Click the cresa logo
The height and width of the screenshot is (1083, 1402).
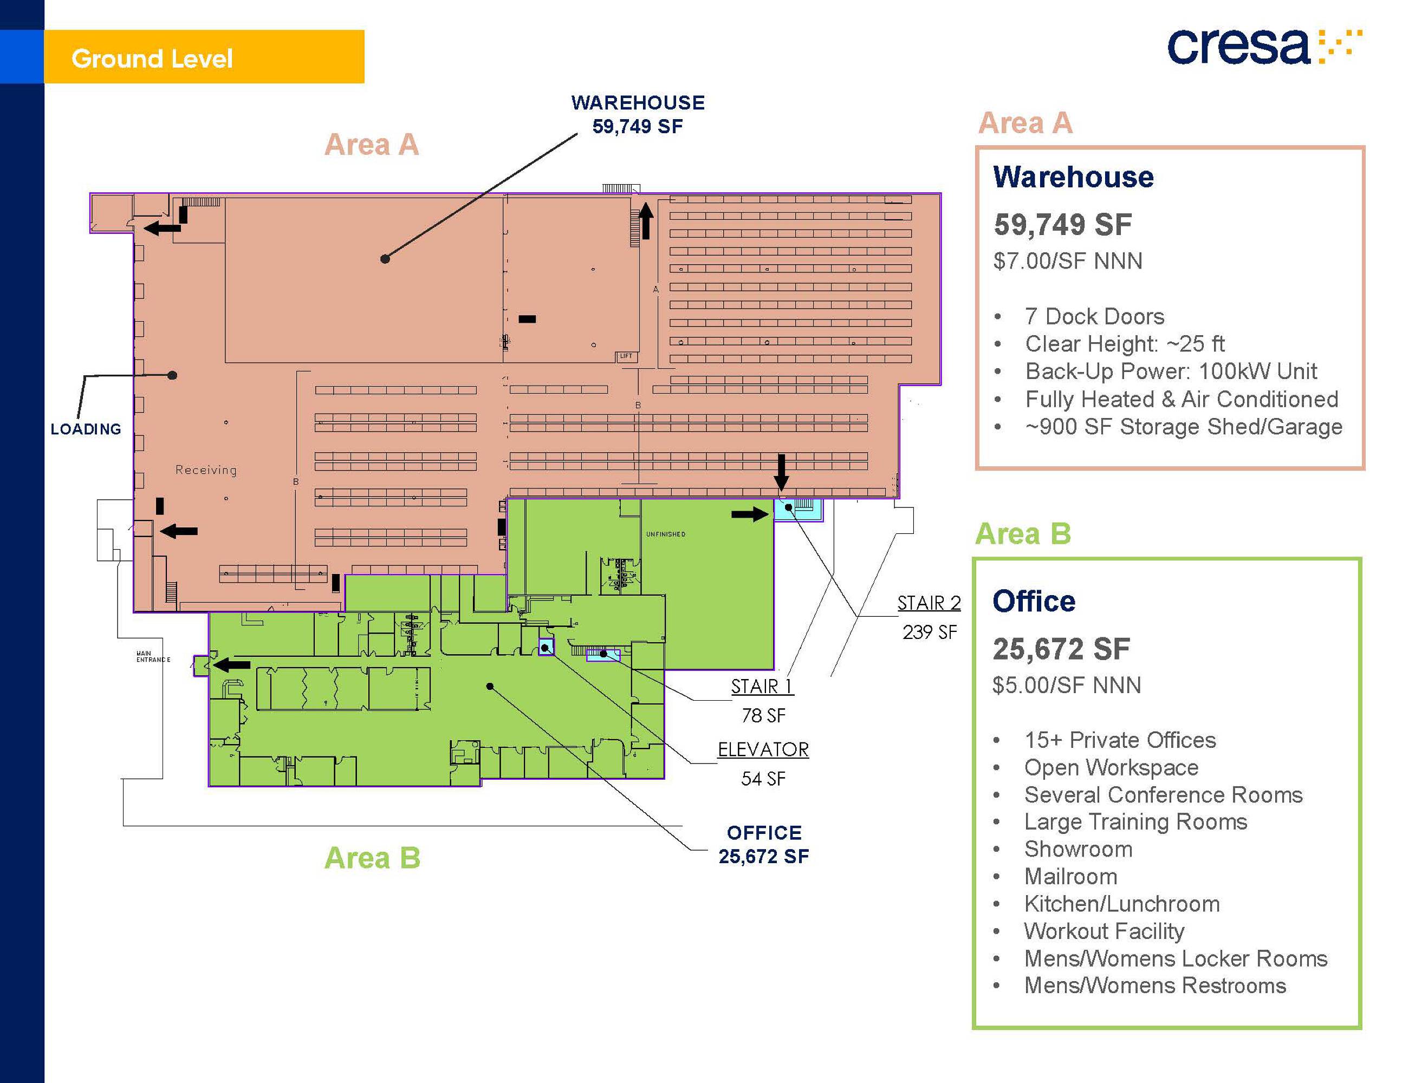pos(1263,47)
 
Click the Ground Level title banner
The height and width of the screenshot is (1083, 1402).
pos(204,57)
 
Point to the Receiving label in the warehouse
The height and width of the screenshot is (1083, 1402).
pos(206,469)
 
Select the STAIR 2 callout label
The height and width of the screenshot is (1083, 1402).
pos(929,603)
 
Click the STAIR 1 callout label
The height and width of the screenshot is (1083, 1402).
pos(763,687)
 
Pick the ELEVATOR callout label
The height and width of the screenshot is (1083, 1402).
pos(763,749)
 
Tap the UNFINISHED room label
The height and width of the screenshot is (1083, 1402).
pos(666,534)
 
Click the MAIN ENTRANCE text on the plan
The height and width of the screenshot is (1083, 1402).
pos(153,656)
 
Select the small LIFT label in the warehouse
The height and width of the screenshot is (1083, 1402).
pos(626,356)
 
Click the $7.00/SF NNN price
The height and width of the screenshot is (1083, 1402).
pos(1068,261)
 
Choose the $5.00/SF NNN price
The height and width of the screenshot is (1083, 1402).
pos(1067,685)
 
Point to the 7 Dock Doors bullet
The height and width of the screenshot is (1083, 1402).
pos(1094,316)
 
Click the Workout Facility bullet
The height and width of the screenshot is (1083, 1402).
pos(1104,931)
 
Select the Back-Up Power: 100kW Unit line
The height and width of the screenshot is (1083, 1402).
pos(1171,371)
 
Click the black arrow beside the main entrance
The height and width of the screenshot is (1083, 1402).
pos(231,664)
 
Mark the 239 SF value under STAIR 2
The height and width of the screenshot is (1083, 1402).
pos(930,632)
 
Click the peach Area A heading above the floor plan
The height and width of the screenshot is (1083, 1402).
pos(372,145)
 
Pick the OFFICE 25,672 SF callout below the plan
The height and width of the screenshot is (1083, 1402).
pos(764,844)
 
